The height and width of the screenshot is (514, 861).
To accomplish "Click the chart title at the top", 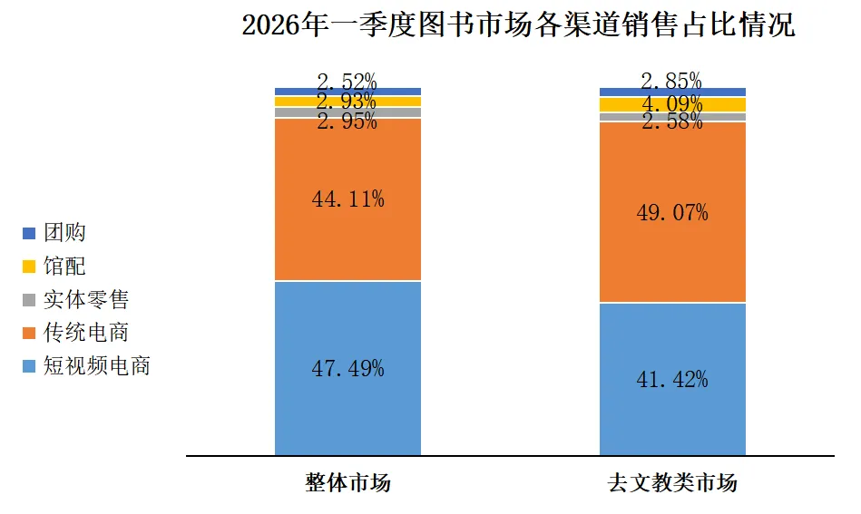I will click(x=518, y=25).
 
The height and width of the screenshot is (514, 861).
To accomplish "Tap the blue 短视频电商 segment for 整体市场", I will click(x=347, y=408).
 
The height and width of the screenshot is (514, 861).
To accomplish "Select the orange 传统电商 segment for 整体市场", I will click(x=347, y=236).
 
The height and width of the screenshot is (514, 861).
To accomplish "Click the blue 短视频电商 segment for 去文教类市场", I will click(x=672, y=417).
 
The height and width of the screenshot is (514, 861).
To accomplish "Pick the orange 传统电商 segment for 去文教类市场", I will click(x=672, y=254).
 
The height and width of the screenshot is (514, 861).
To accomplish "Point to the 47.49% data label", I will click(x=347, y=369).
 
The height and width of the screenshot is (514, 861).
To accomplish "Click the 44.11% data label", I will click(x=347, y=199).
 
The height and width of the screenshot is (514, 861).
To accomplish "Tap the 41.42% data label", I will click(x=672, y=380).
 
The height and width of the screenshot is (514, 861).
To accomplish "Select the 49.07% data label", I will click(x=672, y=213).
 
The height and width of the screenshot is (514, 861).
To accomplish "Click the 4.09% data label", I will click(x=672, y=102).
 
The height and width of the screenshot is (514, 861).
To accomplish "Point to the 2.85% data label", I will click(x=672, y=81).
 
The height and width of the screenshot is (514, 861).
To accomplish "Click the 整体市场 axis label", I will click(x=347, y=482).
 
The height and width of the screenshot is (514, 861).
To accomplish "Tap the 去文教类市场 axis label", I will click(x=672, y=482).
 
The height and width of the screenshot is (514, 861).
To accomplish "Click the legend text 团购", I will click(x=64, y=233).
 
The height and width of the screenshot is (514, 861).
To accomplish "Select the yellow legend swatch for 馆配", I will click(x=29, y=267).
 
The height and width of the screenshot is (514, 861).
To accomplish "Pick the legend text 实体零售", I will click(x=85, y=299).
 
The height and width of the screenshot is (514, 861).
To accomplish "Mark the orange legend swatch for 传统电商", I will click(x=29, y=333).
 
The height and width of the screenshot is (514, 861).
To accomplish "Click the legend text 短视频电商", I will click(x=96, y=366).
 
